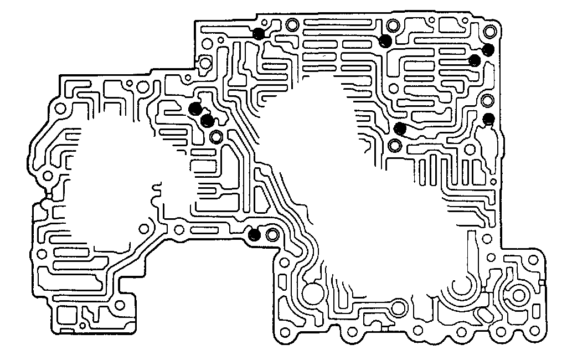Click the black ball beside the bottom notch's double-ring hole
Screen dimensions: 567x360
(x=254, y=235)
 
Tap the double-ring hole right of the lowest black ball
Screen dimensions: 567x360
(x=271, y=234)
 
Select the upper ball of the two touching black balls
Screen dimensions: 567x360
(x=195, y=109)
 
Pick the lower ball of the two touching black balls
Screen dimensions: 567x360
(x=207, y=120)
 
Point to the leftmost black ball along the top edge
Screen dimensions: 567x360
(x=258, y=34)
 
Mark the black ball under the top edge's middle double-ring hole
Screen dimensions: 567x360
(x=385, y=41)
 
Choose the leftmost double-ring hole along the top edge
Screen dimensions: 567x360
(x=292, y=25)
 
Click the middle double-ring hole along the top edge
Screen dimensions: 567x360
(x=393, y=25)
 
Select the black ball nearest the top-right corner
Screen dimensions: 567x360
(x=488, y=50)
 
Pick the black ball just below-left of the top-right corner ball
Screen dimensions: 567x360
(x=475, y=60)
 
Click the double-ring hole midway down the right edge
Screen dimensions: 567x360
(x=488, y=101)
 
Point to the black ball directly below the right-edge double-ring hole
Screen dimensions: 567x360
(x=489, y=118)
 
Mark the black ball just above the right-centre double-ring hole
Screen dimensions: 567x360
(x=400, y=130)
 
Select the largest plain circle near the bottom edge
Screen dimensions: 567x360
(x=312, y=291)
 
